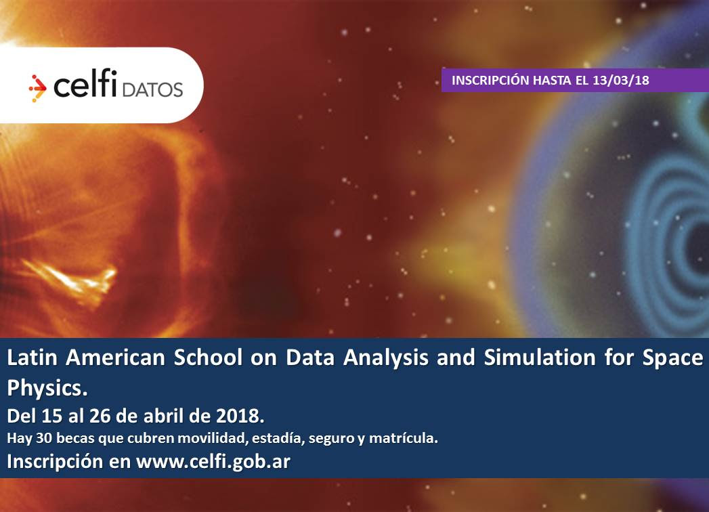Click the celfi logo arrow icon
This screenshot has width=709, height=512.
pos(37,87)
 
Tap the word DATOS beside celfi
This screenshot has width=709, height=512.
pos(152,89)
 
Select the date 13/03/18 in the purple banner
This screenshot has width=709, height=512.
pos(621,81)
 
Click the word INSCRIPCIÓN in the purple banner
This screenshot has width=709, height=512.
pos(490,80)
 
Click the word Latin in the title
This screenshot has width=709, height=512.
pos(32,358)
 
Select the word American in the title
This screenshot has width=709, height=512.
pos(115,358)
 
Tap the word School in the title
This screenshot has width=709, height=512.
pos(209,358)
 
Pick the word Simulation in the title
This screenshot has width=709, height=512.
pos(540,358)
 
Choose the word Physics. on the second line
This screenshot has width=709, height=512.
pos(47,388)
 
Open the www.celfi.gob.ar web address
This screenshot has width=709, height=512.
pos(213,462)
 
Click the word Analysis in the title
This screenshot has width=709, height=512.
pos(386,358)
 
